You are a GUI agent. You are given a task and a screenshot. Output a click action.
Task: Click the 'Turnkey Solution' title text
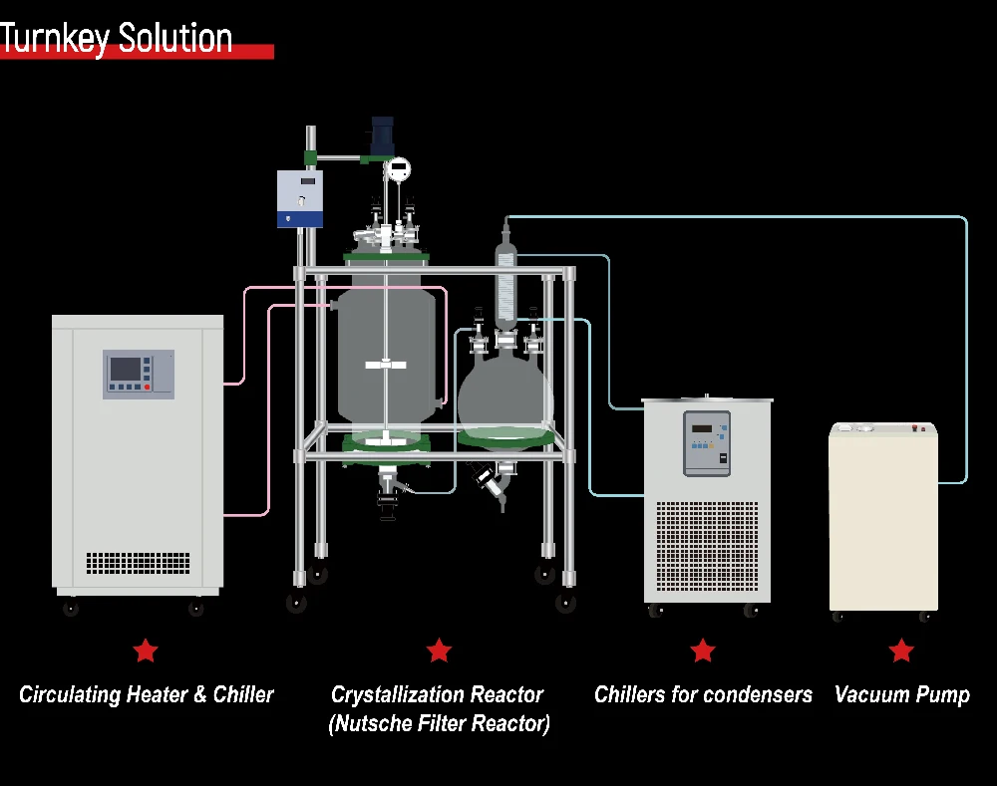tap(117, 38)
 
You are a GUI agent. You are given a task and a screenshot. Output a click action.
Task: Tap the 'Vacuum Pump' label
tap(901, 694)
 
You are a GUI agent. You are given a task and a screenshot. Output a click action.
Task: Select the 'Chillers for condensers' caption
tap(703, 694)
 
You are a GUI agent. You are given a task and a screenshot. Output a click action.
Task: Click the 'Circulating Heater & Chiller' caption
tap(146, 694)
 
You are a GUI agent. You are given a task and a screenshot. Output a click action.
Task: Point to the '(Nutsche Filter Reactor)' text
tap(439, 724)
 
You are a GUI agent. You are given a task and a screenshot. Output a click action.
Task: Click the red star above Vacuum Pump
tap(901, 652)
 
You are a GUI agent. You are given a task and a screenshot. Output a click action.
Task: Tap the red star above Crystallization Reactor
tap(439, 652)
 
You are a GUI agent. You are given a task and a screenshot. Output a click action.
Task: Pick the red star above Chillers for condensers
tap(703, 652)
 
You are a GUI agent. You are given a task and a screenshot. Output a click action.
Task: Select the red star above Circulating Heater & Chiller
tap(146, 652)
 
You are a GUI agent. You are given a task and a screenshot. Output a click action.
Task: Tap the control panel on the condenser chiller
tap(706, 442)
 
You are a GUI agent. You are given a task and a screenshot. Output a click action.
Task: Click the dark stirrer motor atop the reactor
tap(383, 136)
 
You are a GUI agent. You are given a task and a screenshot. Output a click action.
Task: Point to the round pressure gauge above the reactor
tap(398, 168)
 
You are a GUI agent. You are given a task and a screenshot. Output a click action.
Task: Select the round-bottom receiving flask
tap(504, 398)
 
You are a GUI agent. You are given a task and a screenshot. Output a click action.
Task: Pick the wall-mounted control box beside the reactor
tap(300, 198)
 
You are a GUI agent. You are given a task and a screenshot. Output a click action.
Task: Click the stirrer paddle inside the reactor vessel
tap(387, 365)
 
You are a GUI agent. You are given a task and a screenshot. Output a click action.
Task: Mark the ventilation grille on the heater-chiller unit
tap(138, 563)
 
